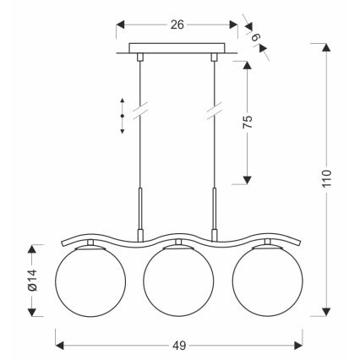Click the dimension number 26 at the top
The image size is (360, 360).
(177, 25)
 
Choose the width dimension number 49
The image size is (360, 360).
(178, 345)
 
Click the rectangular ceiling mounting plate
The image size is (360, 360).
(177, 48)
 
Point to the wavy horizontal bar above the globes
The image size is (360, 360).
(177, 236)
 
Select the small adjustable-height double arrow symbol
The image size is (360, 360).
(122, 116)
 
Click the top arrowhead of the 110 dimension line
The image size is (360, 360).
(327, 46)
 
